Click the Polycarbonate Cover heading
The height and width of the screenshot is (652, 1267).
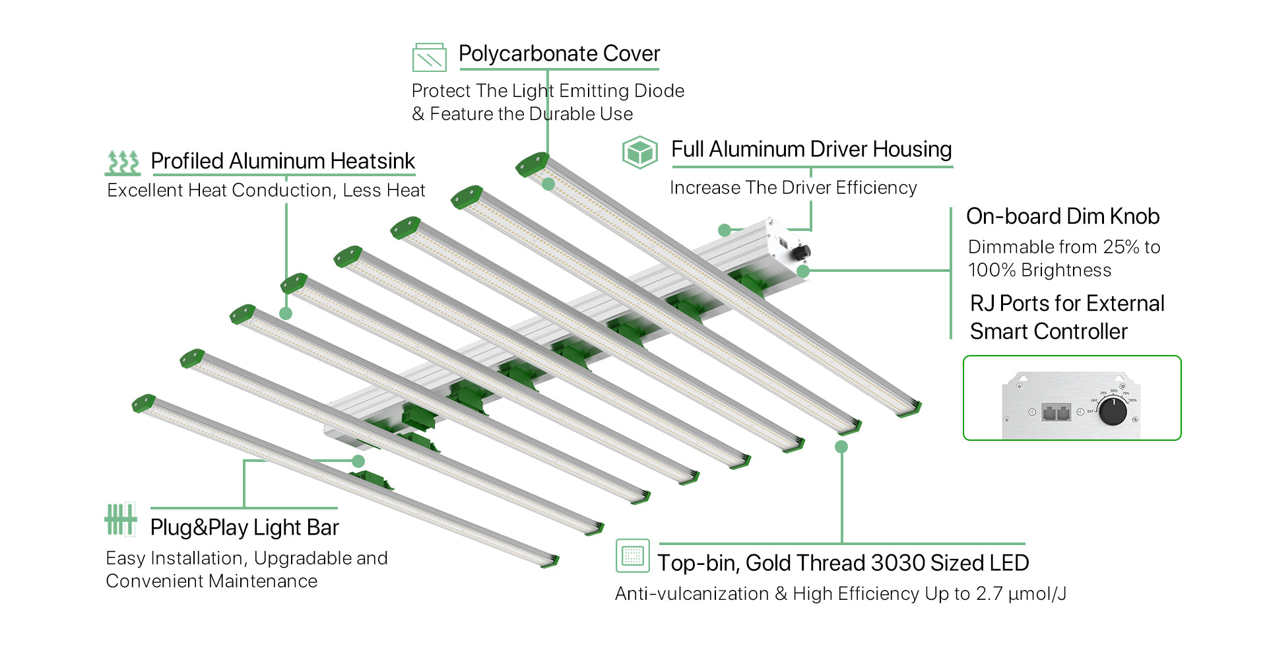pyautogui.click(x=559, y=53)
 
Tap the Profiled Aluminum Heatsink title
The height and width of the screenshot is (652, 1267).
pyautogui.click(x=282, y=161)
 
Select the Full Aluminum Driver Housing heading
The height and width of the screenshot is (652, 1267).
pyautogui.click(x=811, y=149)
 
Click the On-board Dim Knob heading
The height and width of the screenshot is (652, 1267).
pyautogui.click(x=1062, y=216)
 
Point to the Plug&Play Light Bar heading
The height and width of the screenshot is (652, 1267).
pyautogui.click(x=244, y=527)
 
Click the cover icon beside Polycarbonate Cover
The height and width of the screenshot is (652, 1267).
pyautogui.click(x=429, y=57)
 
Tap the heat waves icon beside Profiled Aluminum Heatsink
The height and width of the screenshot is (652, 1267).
pyautogui.click(x=123, y=162)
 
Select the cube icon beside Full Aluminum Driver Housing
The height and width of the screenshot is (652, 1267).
pyautogui.click(x=639, y=152)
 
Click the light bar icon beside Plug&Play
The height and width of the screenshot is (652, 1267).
pyautogui.click(x=120, y=519)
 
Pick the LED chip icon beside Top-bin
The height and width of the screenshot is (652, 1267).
pyautogui.click(x=632, y=555)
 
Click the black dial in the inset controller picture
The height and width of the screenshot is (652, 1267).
pyautogui.click(x=1113, y=412)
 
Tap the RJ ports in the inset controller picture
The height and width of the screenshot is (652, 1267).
pyautogui.click(x=1056, y=413)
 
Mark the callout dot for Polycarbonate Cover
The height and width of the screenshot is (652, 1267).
pyautogui.click(x=548, y=184)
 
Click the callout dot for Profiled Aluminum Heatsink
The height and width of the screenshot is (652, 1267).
pyautogui.click(x=286, y=313)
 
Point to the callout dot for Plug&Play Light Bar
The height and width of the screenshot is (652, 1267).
pyautogui.click(x=358, y=461)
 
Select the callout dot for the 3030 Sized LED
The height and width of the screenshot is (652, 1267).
pyautogui.click(x=841, y=447)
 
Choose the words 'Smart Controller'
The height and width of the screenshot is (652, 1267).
pyautogui.click(x=1049, y=331)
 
